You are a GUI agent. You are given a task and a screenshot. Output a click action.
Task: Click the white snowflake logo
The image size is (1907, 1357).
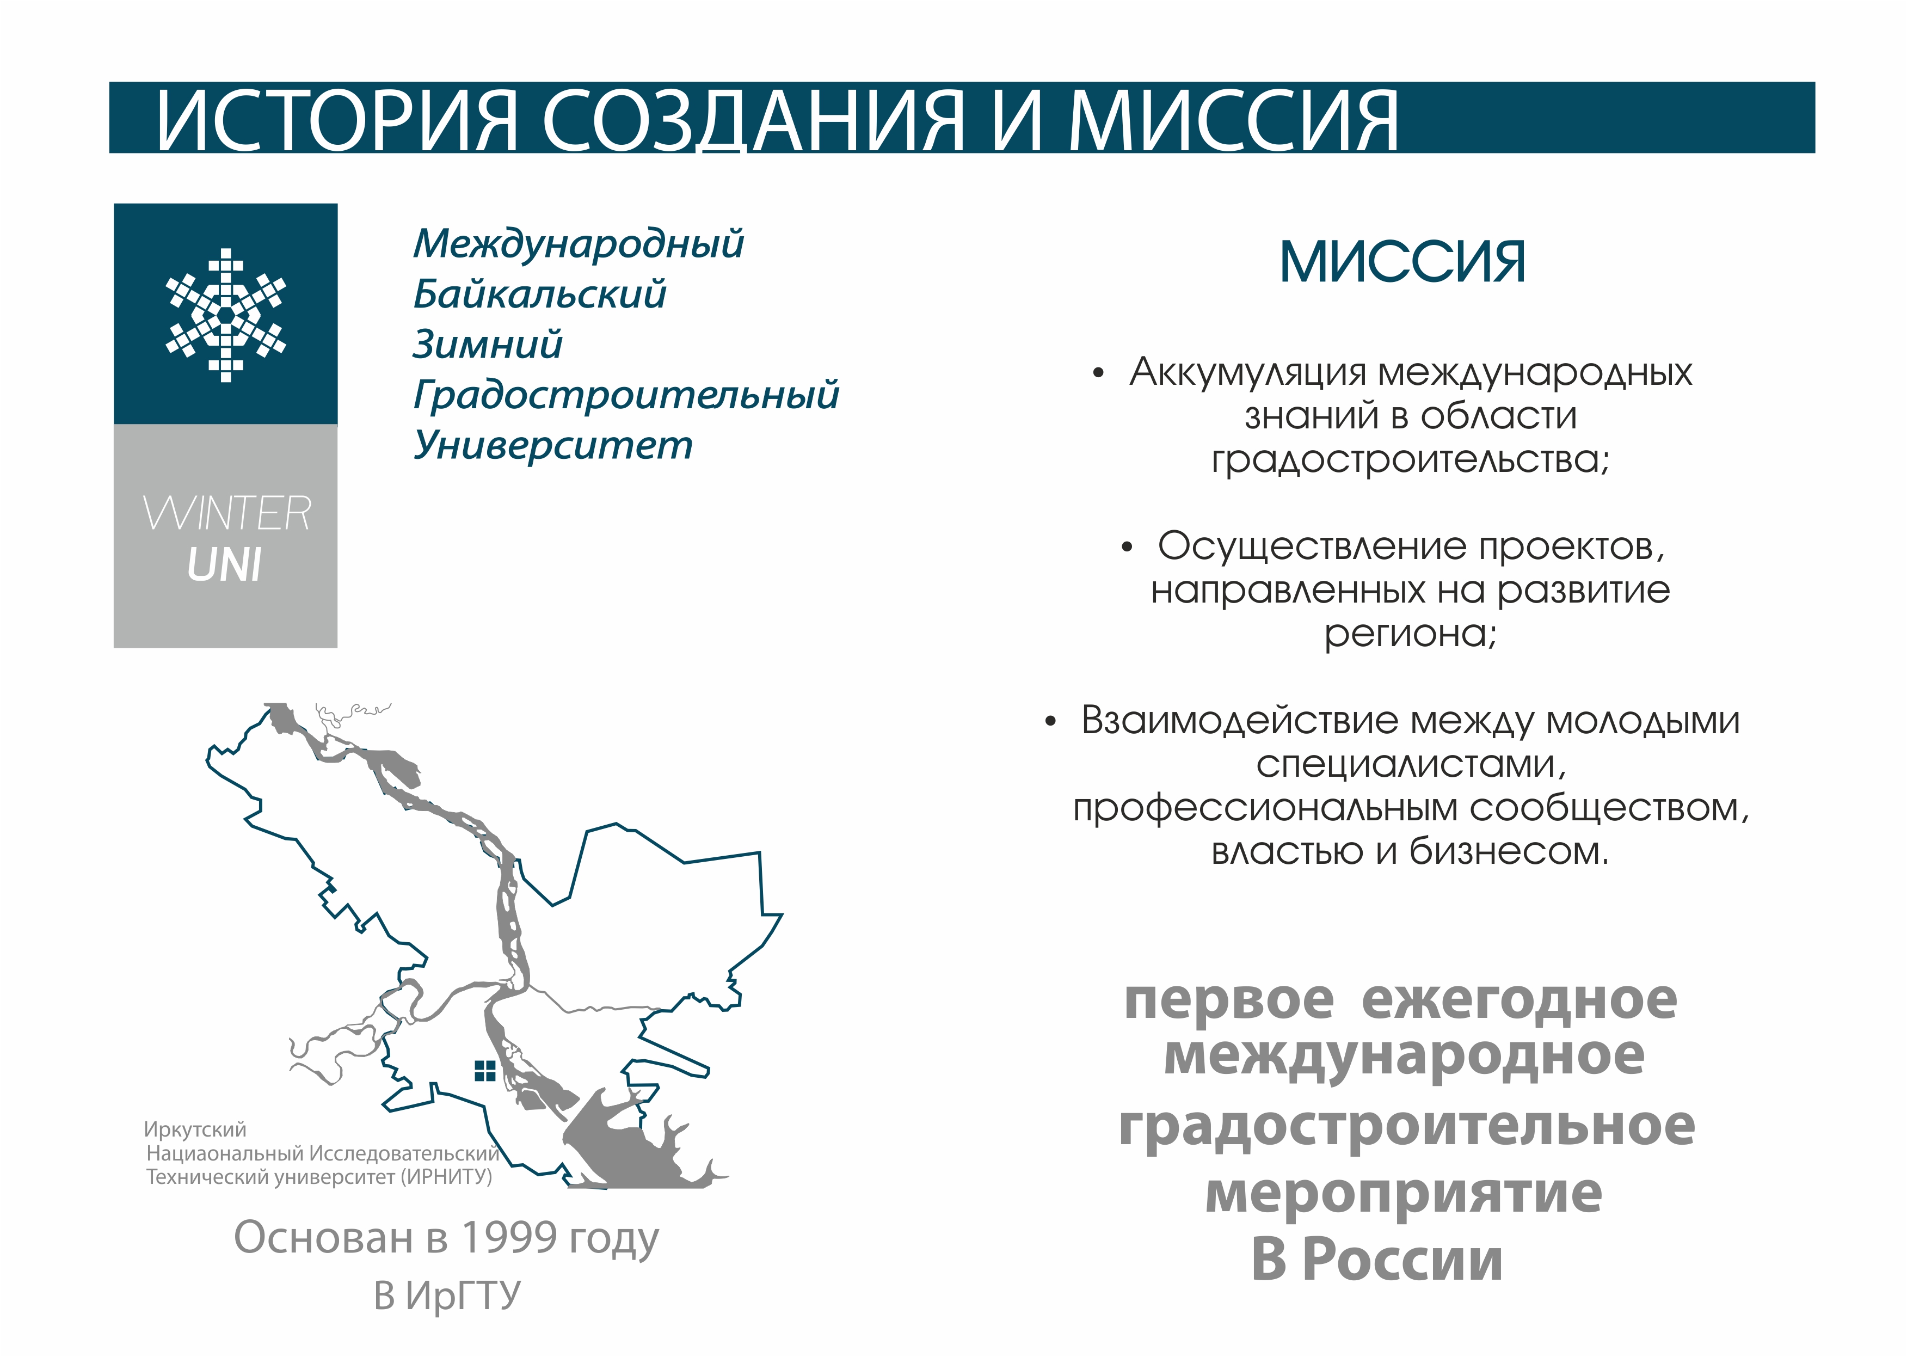click(x=225, y=315)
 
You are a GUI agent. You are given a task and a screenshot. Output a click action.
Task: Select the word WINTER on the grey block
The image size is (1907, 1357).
click(x=226, y=513)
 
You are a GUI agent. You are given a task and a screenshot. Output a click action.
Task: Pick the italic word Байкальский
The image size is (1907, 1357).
click(x=539, y=294)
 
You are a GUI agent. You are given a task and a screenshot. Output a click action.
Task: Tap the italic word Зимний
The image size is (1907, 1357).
click(x=488, y=344)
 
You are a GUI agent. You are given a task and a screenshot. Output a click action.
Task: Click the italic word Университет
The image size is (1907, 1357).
click(x=553, y=445)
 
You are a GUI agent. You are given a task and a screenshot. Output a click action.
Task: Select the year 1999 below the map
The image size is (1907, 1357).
click(x=509, y=1237)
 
